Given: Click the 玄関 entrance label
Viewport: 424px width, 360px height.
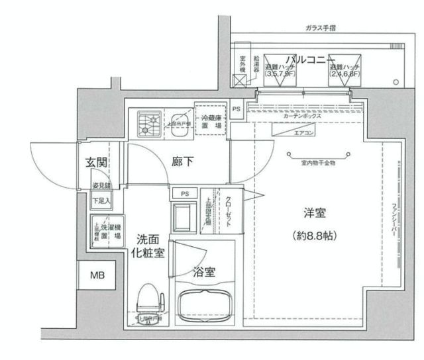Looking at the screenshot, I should pyautogui.click(x=97, y=161).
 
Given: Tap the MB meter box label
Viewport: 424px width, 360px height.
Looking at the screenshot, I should pyautogui.click(x=97, y=274).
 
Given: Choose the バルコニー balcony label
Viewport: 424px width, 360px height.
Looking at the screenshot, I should pyautogui.click(x=305, y=60).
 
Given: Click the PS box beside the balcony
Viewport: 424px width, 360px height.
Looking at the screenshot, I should pyautogui.click(x=237, y=108).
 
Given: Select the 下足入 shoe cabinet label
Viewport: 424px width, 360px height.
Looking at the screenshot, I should pyautogui.click(x=101, y=200).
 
